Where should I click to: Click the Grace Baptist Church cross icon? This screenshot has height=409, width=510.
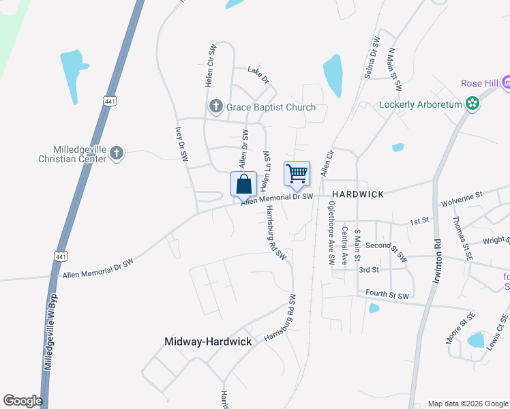(x=216, y=107)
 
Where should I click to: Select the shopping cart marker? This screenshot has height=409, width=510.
(x=297, y=174)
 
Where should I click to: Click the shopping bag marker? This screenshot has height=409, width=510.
(x=243, y=184)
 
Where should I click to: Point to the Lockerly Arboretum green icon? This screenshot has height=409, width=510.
(x=472, y=104)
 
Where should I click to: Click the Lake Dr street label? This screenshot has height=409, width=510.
(x=258, y=70)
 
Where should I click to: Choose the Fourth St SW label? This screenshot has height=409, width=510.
(x=387, y=295)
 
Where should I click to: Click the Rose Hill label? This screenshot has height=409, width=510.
(x=480, y=83)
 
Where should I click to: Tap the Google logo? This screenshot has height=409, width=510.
(x=22, y=400)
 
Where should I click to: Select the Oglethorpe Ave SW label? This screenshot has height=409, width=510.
(x=331, y=232)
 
